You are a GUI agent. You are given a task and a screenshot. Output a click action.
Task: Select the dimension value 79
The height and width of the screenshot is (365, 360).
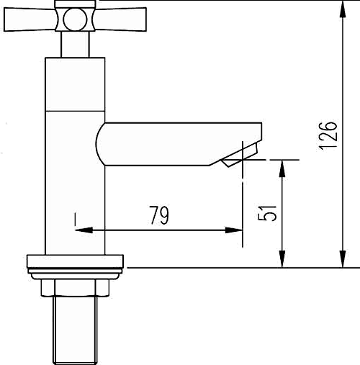coord(159,215)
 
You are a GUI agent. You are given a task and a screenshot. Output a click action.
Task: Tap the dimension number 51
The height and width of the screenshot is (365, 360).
coord(267,214)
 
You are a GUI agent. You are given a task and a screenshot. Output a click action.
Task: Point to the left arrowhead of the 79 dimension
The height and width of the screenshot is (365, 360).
coord(81,230)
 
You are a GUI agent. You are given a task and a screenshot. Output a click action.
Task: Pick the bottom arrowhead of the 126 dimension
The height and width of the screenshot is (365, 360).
coord(340,260)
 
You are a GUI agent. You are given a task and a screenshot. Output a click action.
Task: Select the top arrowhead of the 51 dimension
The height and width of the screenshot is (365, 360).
coord(282,165)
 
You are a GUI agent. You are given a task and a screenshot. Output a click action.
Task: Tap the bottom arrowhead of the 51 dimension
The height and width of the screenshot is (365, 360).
coord(282,260)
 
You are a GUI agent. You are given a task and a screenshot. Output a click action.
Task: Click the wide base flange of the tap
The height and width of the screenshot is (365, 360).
coord(76,261)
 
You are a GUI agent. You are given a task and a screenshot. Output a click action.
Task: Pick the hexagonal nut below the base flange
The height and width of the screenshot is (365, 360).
coord(76,287)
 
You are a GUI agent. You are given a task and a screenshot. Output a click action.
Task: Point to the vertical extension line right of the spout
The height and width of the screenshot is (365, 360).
coord(243,194)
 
